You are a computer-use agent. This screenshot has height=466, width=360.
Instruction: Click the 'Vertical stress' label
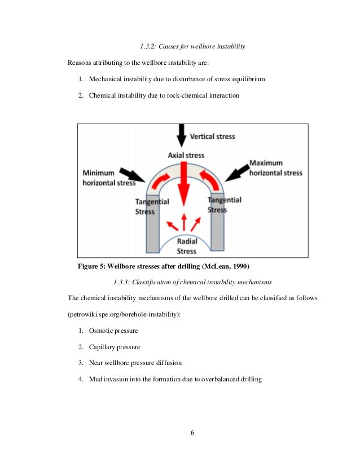point(212,136)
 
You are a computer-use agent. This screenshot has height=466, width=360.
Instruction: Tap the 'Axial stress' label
point(186,155)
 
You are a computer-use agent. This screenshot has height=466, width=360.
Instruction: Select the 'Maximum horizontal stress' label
point(275,168)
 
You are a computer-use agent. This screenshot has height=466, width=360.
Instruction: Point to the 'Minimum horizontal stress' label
point(109,178)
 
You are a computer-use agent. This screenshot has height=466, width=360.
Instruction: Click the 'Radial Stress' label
point(186,247)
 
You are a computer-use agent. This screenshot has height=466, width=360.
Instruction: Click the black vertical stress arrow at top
point(181,135)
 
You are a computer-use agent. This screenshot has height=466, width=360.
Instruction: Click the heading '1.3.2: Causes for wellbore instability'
point(192,45)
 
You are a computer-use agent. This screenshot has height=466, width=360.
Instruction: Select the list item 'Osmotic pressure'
point(113,330)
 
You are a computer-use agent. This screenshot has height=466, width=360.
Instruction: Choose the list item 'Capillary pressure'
point(115,346)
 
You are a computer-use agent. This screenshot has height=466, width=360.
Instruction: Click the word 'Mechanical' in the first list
point(106,79)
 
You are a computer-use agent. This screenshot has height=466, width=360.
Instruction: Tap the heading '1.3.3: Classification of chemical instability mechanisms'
point(192,282)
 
